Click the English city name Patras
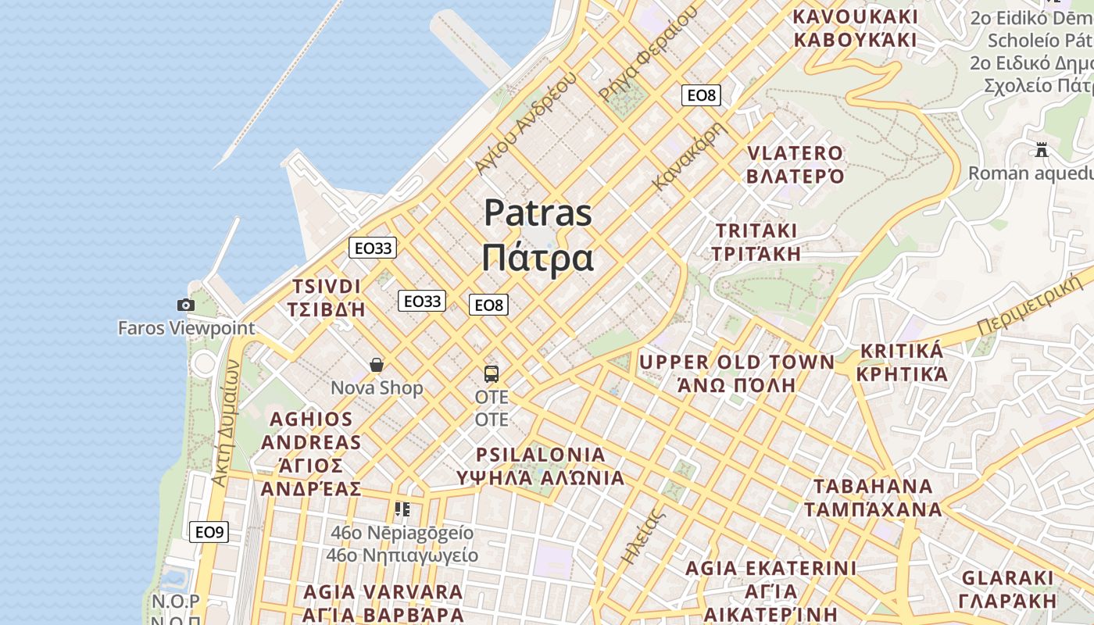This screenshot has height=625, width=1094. click(538, 213)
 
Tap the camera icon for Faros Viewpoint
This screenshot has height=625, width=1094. click(186, 305)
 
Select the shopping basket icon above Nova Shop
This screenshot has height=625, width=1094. click(377, 365)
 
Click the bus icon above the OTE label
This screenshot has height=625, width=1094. click(492, 374)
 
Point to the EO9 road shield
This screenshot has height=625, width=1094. click(209, 533)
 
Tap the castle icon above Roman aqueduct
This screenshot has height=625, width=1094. click(1041, 149)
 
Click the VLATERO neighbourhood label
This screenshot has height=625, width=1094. click(795, 153)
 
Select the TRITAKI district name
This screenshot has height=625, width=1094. click(756, 231)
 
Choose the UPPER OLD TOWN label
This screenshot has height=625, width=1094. click(737, 362)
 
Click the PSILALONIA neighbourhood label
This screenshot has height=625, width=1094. click(541, 455)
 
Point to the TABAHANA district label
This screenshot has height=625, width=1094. click(873, 487)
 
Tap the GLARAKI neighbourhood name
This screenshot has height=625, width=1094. click(1007, 579)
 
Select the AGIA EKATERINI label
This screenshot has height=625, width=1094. click(770, 568)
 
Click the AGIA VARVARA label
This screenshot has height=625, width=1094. click(383, 591)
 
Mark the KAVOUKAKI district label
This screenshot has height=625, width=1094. click(855, 16)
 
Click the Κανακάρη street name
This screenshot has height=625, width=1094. click(690, 155)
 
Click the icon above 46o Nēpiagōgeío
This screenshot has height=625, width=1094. click(402, 510)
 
